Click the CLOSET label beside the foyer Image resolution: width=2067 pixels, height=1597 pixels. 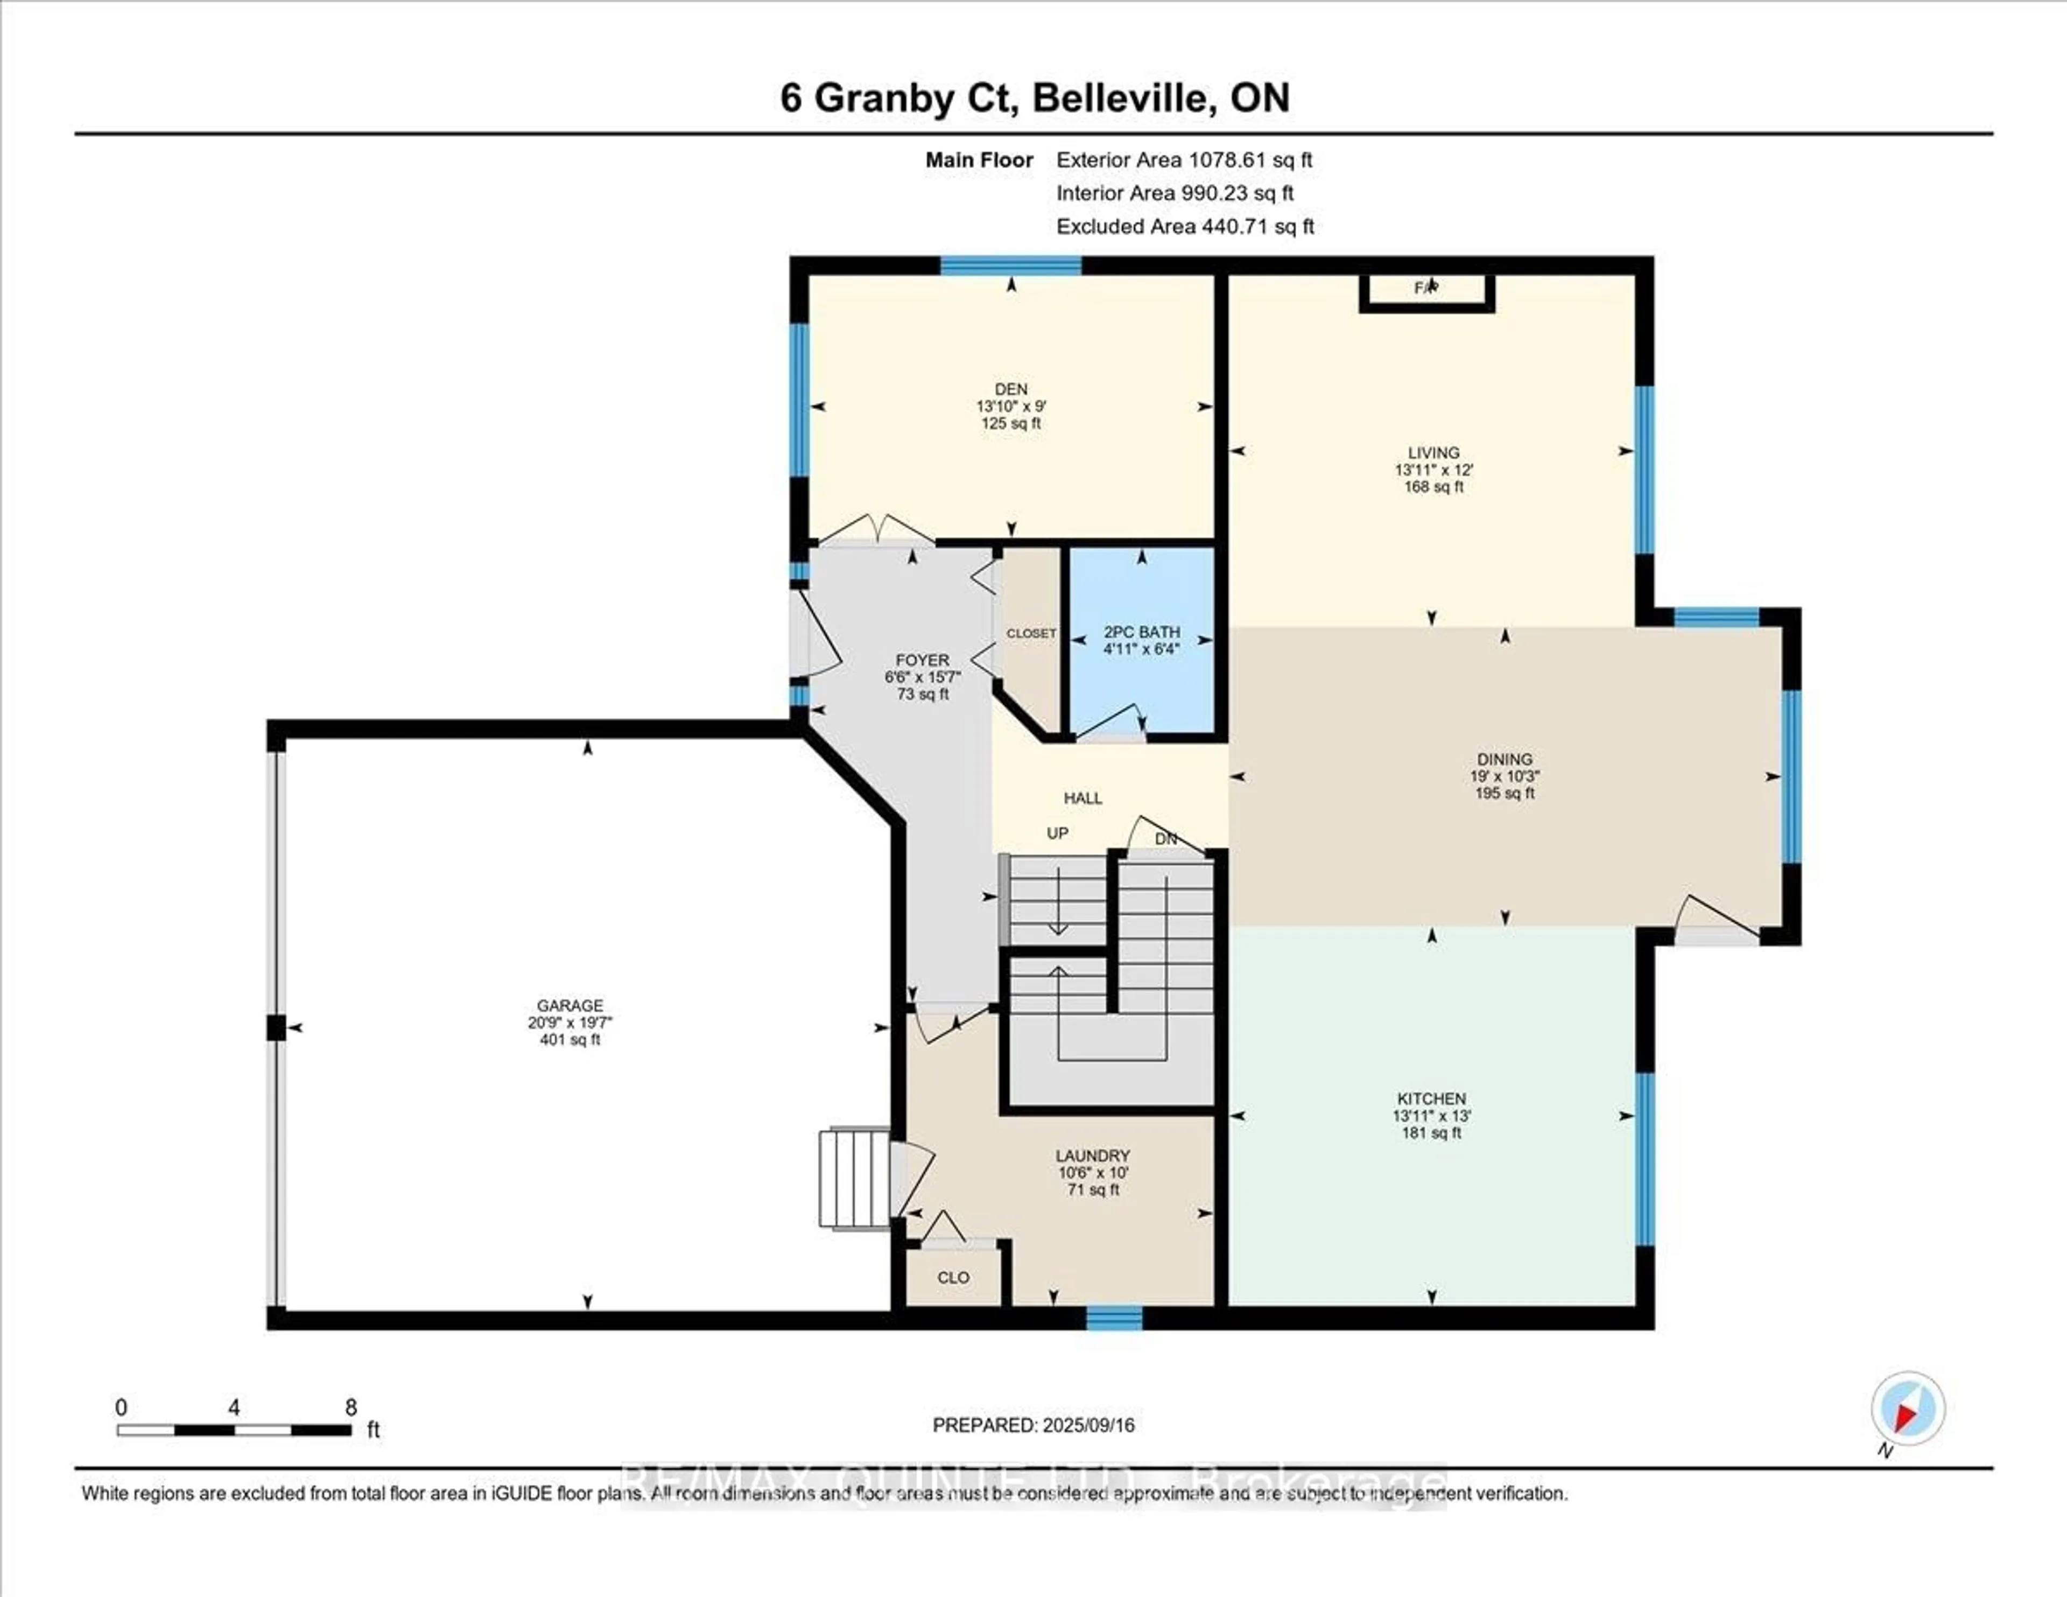pyautogui.click(x=1031, y=633)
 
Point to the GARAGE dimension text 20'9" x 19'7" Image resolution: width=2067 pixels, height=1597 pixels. pyautogui.click(x=570, y=1022)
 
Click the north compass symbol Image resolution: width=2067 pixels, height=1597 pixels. pyautogui.click(x=1907, y=1409)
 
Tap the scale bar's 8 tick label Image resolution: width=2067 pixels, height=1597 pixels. pyautogui.click(x=351, y=1407)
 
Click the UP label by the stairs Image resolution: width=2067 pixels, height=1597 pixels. pyautogui.click(x=1057, y=833)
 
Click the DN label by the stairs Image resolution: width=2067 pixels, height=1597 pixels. pyautogui.click(x=1166, y=839)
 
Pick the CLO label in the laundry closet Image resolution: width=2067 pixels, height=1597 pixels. pyautogui.click(x=953, y=1277)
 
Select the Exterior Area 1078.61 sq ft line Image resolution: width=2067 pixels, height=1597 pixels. pyautogui.click(x=1184, y=160)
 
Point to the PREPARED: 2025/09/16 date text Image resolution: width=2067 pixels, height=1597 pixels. pyautogui.click(x=1033, y=1425)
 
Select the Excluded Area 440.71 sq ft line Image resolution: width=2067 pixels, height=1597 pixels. pyautogui.click(x=1185, y=226)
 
